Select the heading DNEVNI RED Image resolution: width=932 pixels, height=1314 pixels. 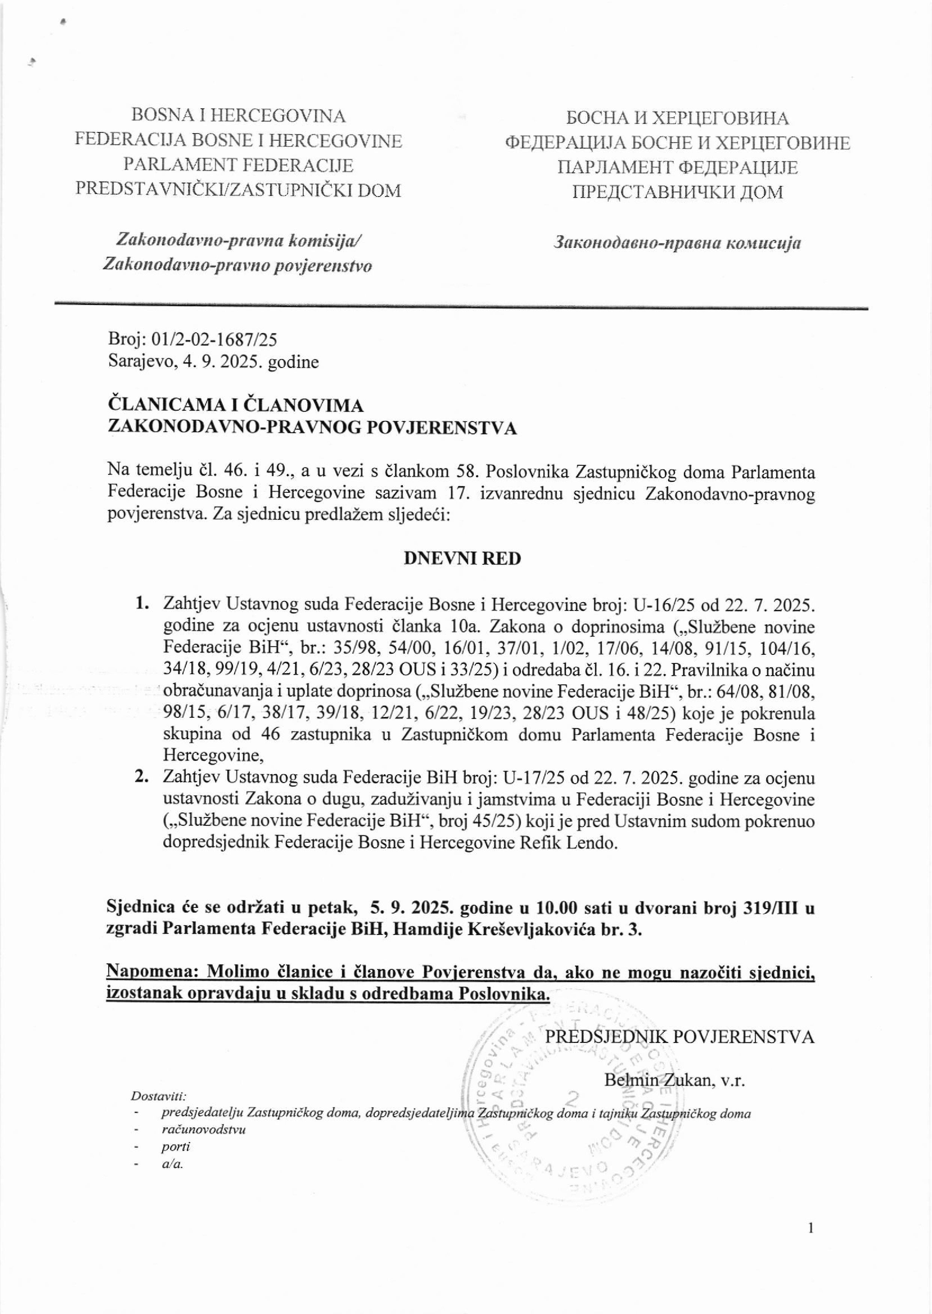pos(463,558)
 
